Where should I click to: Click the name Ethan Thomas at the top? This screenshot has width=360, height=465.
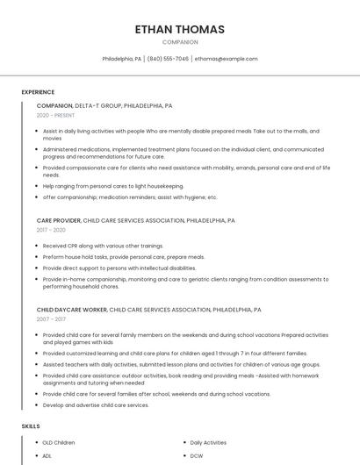180,29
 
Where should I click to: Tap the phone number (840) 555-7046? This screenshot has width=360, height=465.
168,59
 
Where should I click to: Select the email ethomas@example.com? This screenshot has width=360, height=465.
227,59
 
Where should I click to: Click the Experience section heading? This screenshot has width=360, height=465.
38,92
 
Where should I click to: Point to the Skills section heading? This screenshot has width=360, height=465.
31,426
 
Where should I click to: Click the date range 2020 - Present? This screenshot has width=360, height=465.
55,115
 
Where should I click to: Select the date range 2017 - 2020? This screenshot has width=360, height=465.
52,230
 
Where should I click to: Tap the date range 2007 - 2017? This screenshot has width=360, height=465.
52,319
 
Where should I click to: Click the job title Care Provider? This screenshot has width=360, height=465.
58,221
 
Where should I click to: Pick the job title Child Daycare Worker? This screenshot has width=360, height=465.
71,310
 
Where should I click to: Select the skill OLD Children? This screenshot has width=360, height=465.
59,443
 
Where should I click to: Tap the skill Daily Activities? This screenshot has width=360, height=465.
208,443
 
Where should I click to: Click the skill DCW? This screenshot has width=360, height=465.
197,456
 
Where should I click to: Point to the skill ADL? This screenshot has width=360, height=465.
47,456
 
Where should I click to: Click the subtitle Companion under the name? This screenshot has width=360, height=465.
180,42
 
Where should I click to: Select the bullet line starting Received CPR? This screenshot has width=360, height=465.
103,246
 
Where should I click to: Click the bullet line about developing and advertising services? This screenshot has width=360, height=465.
96,405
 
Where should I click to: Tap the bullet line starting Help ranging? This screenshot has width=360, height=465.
113,186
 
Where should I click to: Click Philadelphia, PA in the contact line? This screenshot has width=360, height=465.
121,59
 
